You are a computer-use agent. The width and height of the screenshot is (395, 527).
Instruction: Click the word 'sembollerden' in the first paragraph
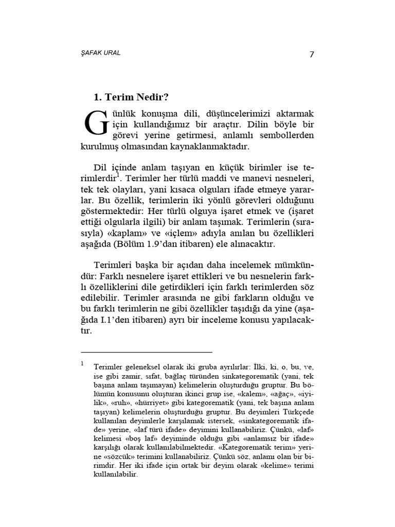click(x=288, y=135)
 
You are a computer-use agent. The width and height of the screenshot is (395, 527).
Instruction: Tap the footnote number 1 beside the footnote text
click(x=82, y=363)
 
